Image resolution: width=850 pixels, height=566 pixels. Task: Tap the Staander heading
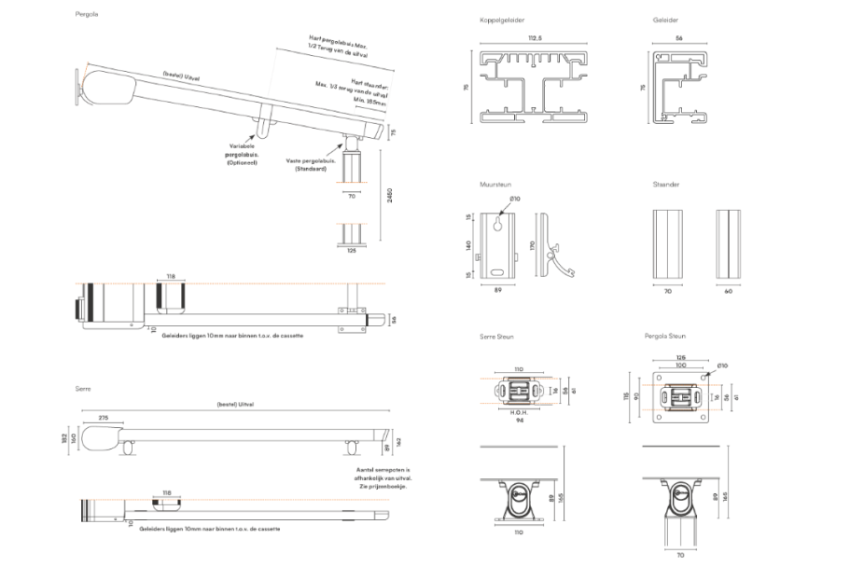pos(666,185)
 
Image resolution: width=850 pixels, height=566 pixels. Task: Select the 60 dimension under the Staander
pos(729,291)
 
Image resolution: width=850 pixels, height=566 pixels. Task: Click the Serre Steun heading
pos(496,336)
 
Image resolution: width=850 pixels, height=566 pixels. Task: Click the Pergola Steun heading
pos(665,336)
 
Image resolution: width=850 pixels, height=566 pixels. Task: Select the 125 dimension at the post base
pos(351,251)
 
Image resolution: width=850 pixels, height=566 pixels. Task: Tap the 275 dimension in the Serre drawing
pos(103,417)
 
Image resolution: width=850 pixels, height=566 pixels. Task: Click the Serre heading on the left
pos(83,387)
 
